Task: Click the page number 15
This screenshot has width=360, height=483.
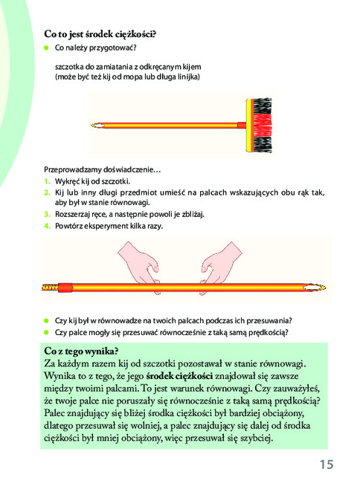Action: coord(327,464)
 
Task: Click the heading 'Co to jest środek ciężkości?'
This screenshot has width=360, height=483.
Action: coord(100,34)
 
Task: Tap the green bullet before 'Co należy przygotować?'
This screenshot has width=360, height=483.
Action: coord(47,48)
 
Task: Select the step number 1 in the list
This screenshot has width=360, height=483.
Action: coord(47,181)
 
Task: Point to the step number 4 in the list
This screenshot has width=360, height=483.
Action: coord(47,226)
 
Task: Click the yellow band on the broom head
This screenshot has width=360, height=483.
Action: coord(248,125)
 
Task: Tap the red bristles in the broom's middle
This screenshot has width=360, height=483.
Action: coord(263,125)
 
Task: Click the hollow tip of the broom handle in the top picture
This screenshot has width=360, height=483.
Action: coord(97,126)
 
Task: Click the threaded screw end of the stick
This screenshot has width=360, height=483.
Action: coord(50,288)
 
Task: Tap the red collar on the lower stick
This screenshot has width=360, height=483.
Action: coord(65,288)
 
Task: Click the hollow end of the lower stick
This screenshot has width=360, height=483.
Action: coord(314,288)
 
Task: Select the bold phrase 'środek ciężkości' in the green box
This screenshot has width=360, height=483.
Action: coord(179,376)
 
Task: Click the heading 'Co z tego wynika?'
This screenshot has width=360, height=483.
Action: coord(81,351)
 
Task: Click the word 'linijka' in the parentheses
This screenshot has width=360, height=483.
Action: coord(189,77)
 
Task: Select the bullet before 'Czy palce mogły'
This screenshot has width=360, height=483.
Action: coord(47,332)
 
